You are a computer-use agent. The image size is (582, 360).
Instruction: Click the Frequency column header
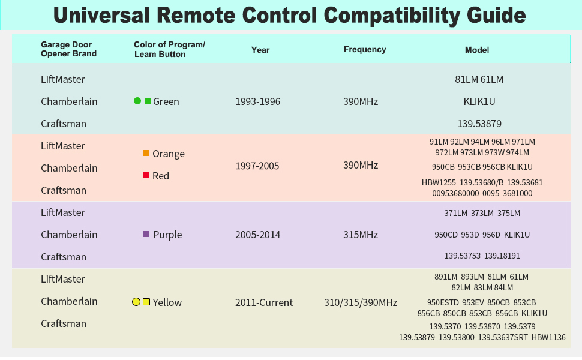[x=364, y=49]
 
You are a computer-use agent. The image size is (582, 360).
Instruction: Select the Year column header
[x=260, y=50]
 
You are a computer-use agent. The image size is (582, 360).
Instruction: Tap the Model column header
[x=476, y=50]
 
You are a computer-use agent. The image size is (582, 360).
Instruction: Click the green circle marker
[x=137, y=101]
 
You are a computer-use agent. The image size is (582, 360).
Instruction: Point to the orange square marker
[x=146, y=153]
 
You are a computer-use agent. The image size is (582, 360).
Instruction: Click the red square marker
[x=146, y=175]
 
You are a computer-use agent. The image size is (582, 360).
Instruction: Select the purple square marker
[x=146, y=234]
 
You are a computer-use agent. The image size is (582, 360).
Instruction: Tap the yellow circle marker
[x=136, y=302]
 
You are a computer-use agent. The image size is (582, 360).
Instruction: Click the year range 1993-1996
[x=257, y=101]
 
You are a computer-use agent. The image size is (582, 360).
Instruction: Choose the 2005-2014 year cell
[x=257, y=235]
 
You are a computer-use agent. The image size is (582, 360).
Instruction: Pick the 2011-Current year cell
[x=264, y=302]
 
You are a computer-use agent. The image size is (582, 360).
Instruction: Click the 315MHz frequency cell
[x=361, y=235]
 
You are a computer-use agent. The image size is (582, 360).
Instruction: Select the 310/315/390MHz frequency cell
[x=361, y=302]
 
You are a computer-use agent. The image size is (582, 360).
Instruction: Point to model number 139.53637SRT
[x=503, y=337]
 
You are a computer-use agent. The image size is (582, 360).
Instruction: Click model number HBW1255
[x=439, y=182]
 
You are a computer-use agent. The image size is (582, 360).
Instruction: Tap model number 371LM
[x=456, y=213]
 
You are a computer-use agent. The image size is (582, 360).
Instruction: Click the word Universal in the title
[x=101, y=15]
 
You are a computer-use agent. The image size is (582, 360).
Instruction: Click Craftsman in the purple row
[x=64, y=257]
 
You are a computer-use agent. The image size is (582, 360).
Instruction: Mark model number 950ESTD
[x=443, y=302]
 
